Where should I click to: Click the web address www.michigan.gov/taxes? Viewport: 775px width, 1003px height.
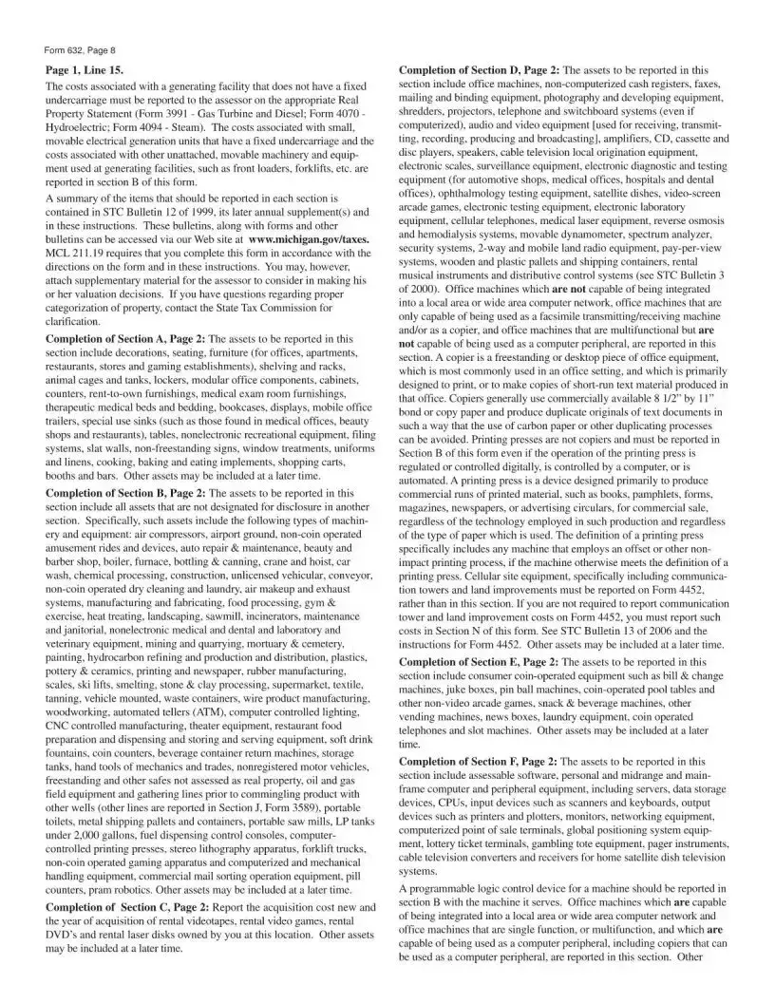(x=302, y=240)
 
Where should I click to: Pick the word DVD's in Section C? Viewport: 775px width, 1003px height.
(x=64, y=935)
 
